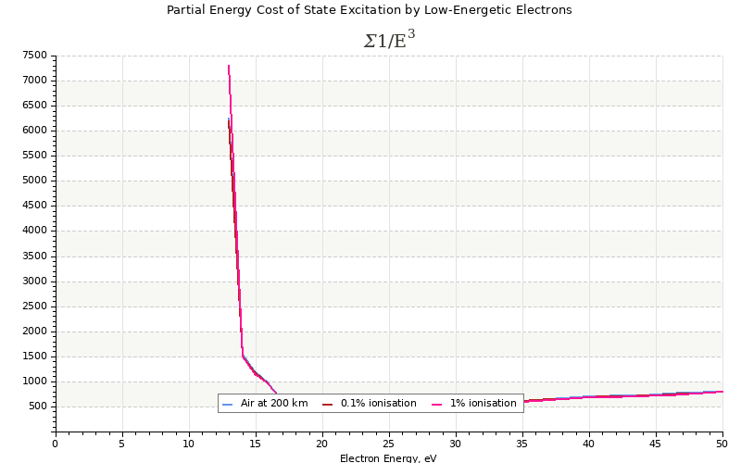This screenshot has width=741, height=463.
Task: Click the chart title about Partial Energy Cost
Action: tap(369, 10)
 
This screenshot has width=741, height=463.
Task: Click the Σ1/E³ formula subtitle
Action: tap(389, 40)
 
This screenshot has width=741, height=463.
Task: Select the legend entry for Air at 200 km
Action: tap(273, 404)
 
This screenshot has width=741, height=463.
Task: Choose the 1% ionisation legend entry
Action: tap(483, 404)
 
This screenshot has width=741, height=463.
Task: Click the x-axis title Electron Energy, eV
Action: tap(388, 458)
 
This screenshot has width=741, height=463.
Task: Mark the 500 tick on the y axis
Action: tap(37, 407)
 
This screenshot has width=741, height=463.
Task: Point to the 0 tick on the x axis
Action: tap(55, 443)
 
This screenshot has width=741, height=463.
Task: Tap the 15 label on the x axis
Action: tap(256, 443)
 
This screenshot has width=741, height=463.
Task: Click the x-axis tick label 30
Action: tap(456, 443)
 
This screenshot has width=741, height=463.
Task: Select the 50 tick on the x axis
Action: tap(722, 443)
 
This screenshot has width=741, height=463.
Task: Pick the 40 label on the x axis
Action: tap(589, 443)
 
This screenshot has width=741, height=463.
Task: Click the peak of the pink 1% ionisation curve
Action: tap(229, 66)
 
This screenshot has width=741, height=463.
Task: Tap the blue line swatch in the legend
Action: tap(228, 405)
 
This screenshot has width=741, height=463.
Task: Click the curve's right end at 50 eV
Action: tap(722, 391)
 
